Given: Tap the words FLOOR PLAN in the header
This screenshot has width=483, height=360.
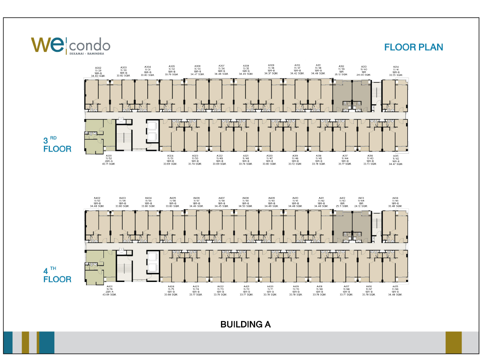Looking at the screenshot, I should (413, 47).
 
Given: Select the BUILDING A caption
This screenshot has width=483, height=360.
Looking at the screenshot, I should (245, 324).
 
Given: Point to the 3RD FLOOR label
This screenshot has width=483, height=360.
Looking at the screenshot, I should (57, 145).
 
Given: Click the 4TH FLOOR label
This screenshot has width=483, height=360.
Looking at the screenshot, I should (57, 275).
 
